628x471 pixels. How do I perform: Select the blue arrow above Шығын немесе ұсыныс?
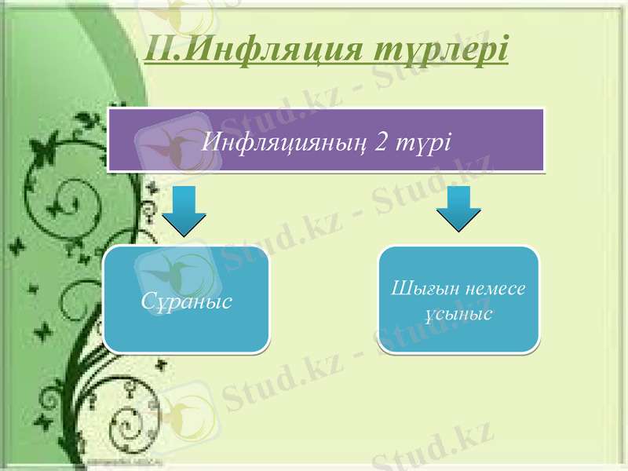[459, 208]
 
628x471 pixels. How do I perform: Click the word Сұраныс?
[187, 301]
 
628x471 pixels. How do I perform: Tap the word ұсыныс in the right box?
[459, 314]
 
